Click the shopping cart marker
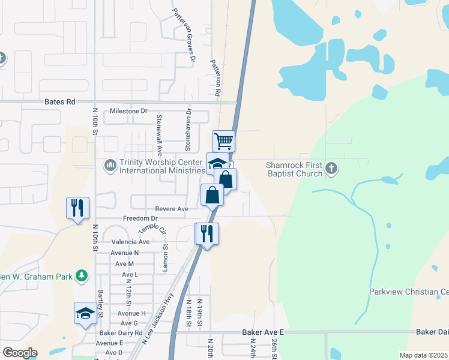click(x=223, y=142)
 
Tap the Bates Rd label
click(x=60, y=103)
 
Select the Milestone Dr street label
click(x=128, y=112)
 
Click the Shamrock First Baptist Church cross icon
click(x=331, y=169)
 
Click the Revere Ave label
click(x=172, y=209)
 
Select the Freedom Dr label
click(x=140, y=219)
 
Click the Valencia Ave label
click(x=130, y=242)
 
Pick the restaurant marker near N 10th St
click(x=77, y=208)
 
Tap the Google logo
click(x=19, y=353)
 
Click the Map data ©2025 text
click(x=423, y=355)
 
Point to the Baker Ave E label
click(x=262, y=332)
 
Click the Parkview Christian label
click(x=409, y=292)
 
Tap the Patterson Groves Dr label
click(x=184, y=35)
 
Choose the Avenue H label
click(x=131, y=314)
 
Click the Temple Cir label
click(x=152, y=229)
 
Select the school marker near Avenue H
click(x=85, y=313)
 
